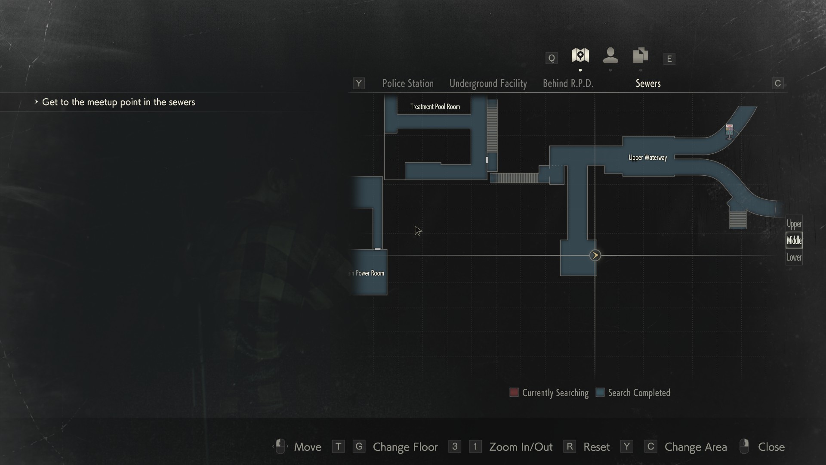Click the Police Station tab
coord(408,84)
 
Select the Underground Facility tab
coord(488,84)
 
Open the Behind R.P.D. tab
coord(568,84)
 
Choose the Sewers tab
coord(648,84)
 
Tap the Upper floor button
coord(794,224)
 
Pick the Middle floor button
coord(794,240)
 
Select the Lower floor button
coord(794,257)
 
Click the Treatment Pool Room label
coord(435,107)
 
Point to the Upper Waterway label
coord(647,158)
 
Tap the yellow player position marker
coord(595,255)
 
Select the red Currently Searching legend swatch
coord(514,392)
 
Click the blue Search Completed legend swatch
coord(600,392)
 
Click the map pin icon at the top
coord(580,56)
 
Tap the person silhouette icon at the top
coord(610,56)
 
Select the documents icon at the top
coord(640,56)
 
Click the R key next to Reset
coord(570,446)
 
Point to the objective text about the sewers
coord(118,102)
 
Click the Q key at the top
coord(551,58)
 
